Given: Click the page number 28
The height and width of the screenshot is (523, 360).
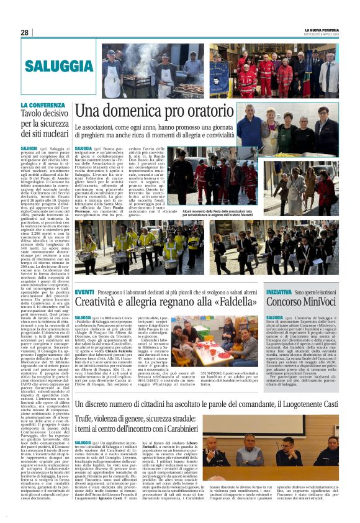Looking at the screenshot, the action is [25, 32].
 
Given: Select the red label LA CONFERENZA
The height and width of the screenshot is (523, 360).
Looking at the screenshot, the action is [42, 106].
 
